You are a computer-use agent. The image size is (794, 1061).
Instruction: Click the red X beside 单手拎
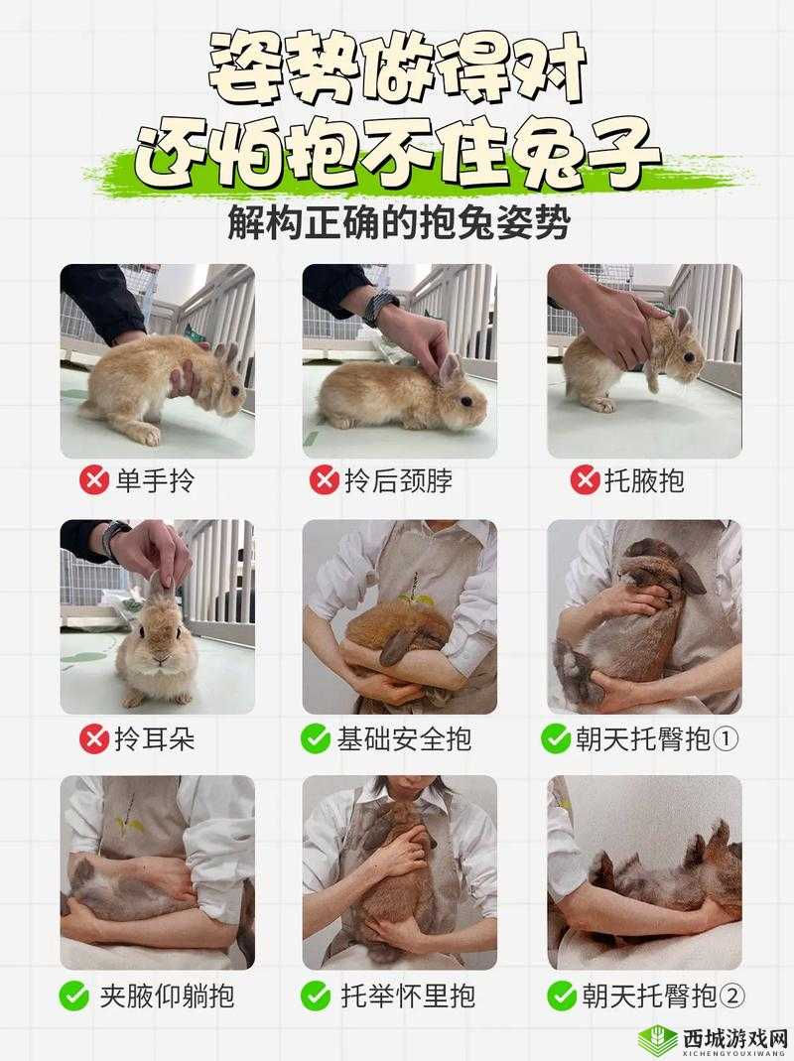point(94,481)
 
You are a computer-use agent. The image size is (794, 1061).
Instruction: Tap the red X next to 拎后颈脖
point(325,481)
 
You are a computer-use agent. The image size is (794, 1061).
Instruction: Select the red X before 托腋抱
point(586,481)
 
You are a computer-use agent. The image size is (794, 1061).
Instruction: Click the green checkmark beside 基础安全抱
point(316,738)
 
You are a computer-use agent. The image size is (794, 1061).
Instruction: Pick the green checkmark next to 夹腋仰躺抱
point(73,995)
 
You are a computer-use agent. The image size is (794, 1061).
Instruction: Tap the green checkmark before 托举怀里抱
point(316,995)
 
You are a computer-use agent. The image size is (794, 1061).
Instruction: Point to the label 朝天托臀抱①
point(657,738)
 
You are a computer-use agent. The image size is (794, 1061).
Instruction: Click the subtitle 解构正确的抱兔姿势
point(397,222)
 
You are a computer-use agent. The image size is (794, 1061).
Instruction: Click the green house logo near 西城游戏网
point(657,1037)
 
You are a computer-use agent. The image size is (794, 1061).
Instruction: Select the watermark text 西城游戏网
point(734,1035)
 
